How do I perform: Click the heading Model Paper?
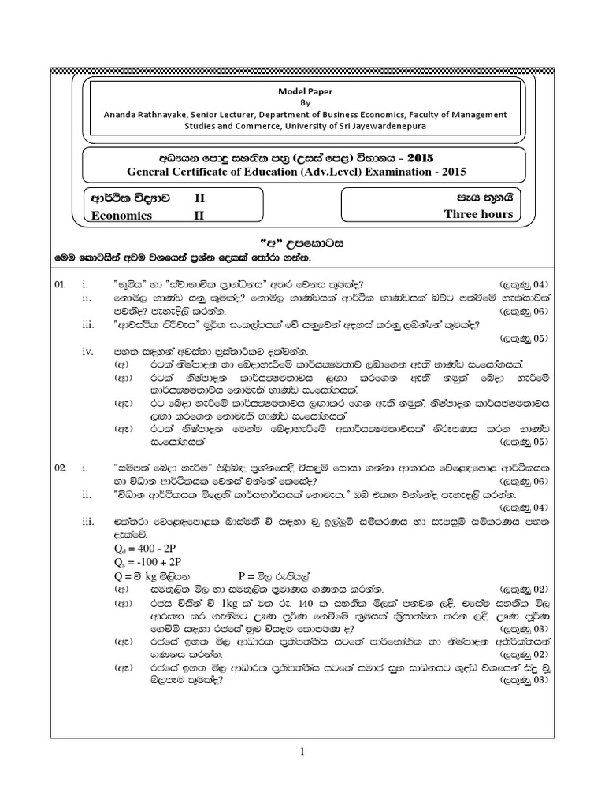[303, 90]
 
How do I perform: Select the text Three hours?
[478, 214]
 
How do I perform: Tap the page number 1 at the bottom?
[302, 753]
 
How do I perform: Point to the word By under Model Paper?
[303, 102]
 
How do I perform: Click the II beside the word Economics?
[199, 215]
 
